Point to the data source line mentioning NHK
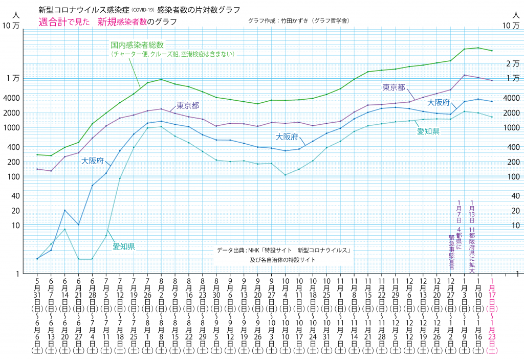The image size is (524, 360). [283, 251]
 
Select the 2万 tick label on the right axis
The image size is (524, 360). [512, 63]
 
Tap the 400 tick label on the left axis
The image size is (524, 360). [13, 147]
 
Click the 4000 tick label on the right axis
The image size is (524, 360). [512, 98]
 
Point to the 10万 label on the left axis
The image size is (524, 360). [11, 26]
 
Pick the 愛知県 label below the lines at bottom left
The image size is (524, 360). [124, 246]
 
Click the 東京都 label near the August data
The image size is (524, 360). [188, 106]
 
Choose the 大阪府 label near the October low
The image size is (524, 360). [287, 137]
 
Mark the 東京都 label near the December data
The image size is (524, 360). [394, 87]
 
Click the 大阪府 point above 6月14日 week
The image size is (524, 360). [65, 210]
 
